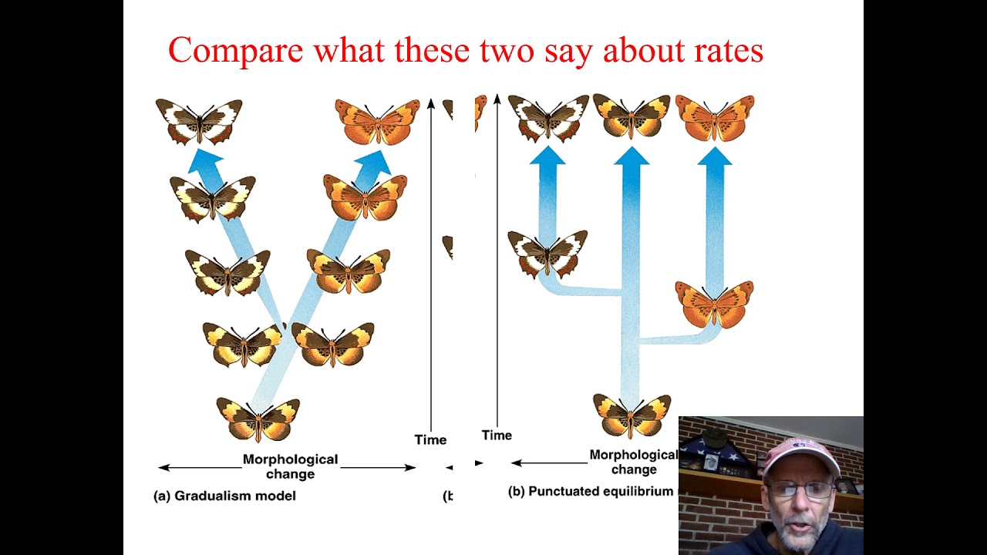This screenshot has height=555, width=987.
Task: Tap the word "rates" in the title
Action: click(x=724, y=51)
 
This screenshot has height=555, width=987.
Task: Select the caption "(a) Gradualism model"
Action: click(x=224, y=496)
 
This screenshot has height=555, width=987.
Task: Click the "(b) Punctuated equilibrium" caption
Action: click(x=591, y=491)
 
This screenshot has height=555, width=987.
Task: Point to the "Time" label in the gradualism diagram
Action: click(x=430, y=439)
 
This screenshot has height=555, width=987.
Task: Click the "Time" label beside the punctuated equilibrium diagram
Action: click(x=497, y=435)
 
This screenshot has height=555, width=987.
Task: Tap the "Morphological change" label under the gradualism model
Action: click(x=290, y=466)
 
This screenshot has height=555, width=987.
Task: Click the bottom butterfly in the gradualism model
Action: click(x=258, y=419)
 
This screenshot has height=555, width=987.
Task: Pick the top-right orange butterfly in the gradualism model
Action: click(x=377, y=122)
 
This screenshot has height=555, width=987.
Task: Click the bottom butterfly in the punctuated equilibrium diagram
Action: click(x=632, y=415)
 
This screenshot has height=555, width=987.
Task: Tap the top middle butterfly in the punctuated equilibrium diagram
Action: click(x=632, y=116)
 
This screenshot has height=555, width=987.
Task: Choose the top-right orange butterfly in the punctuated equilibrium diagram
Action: click(x=715, y=117)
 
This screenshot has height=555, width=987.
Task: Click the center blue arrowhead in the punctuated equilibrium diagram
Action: click(x=632, y=156)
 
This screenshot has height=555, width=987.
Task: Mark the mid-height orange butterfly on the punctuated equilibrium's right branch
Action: click(x=714, y=303)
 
